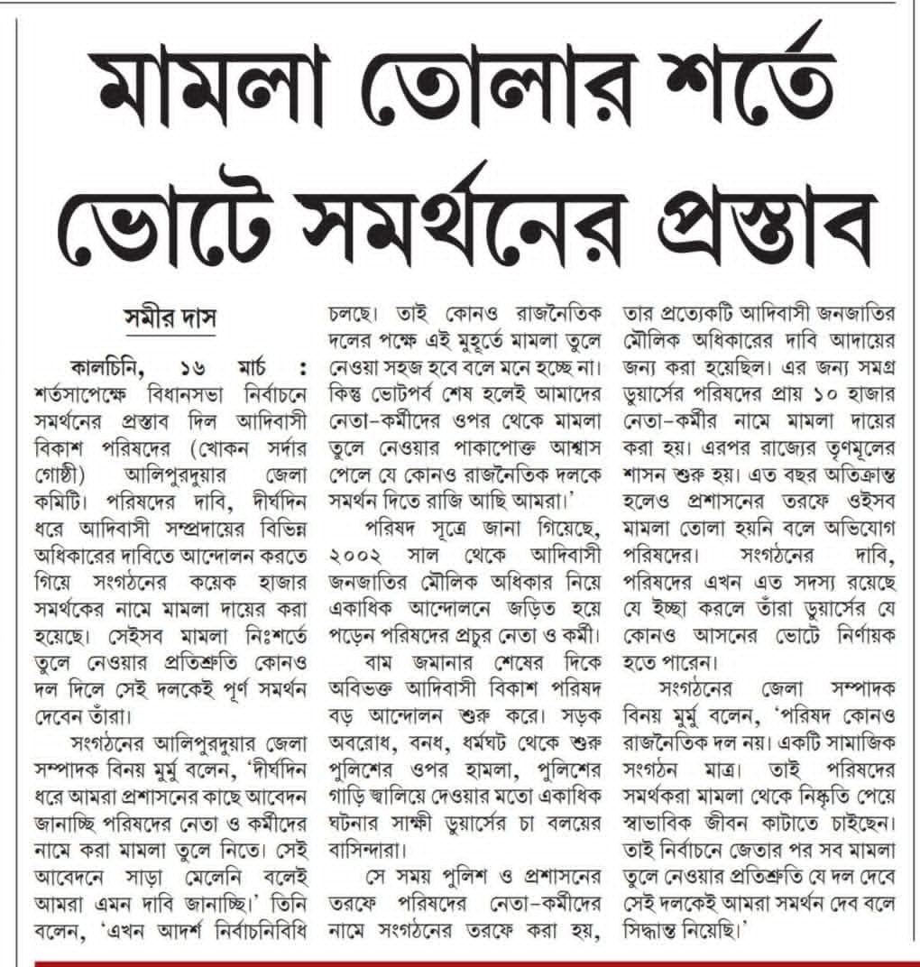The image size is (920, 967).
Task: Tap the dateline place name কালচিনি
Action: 114,370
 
